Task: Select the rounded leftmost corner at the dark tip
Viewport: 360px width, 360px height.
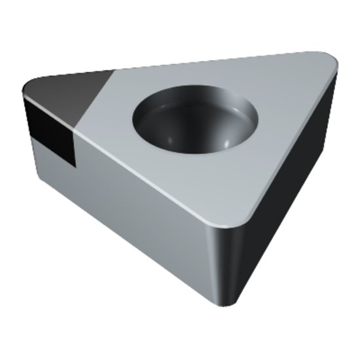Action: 25,92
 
